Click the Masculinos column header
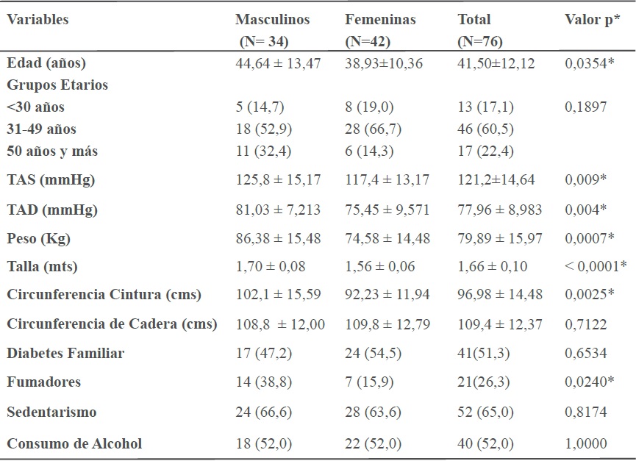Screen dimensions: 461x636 [x=272, y=20]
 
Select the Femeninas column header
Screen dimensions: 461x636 [x=380, y=20]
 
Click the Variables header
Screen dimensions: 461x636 [x=37, y=20]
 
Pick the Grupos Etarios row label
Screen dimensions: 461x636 [x=57, y=85]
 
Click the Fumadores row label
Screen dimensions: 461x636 [x=43, y=382]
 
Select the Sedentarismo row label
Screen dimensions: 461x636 [x=51, y=412]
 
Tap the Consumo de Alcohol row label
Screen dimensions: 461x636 [x=74, y=443]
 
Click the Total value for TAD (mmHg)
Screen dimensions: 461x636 [x=500, y=210]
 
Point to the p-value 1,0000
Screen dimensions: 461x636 [x=586, y=443]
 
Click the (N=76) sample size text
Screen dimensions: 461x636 [x=480, y=42]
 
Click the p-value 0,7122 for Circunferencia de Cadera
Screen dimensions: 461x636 [x=586, y=324]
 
